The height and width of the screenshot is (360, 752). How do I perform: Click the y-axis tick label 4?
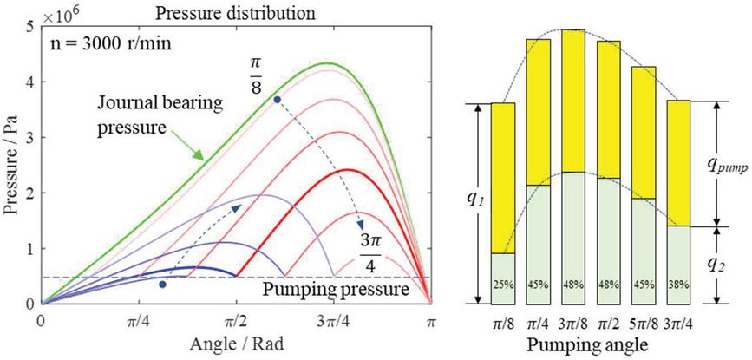point(29,83)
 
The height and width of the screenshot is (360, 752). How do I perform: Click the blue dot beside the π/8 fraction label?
point(277,100)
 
